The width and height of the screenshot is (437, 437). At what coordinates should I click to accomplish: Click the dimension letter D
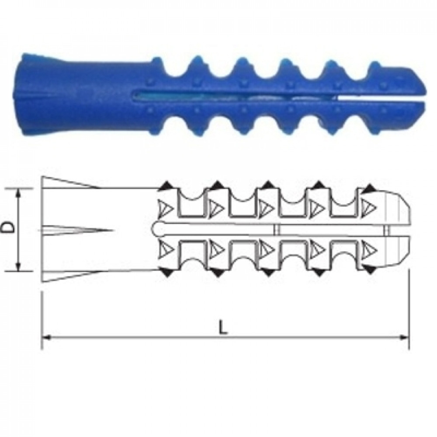pyautogui.click(x=8, y=227)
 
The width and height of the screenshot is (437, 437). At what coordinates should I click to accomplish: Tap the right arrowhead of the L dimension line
pyautogui.click(x=404, y=337)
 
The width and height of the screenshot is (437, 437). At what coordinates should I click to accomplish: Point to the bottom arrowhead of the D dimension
pyautogui.click(x=18, y=267)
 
